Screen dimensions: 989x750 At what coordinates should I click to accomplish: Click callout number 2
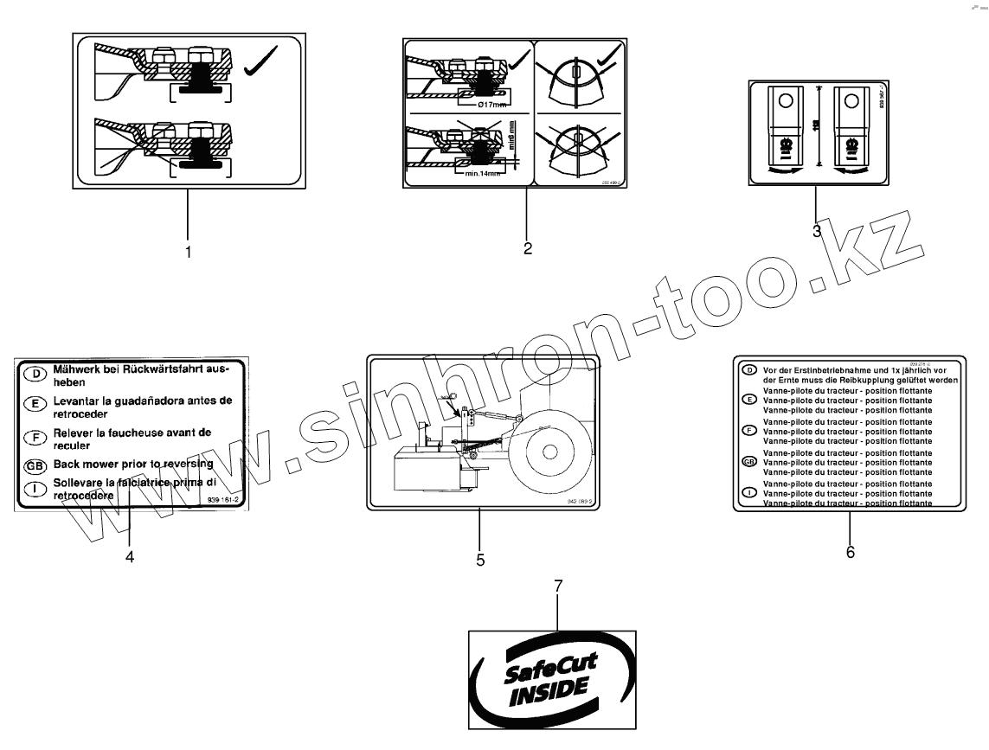[527, 249]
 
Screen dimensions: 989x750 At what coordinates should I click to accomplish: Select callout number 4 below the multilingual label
[130, 557]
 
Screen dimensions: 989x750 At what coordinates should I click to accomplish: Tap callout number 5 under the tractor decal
[480, 560]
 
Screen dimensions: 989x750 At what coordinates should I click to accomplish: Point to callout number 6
[850, 552]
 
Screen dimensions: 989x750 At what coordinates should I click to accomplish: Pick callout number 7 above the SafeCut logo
[558, 587]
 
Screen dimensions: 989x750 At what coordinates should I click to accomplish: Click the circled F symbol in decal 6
[749, 430]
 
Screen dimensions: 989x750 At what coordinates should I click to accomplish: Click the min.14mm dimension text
[482, 173]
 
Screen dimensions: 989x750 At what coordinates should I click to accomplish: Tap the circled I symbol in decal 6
[749, 492]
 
